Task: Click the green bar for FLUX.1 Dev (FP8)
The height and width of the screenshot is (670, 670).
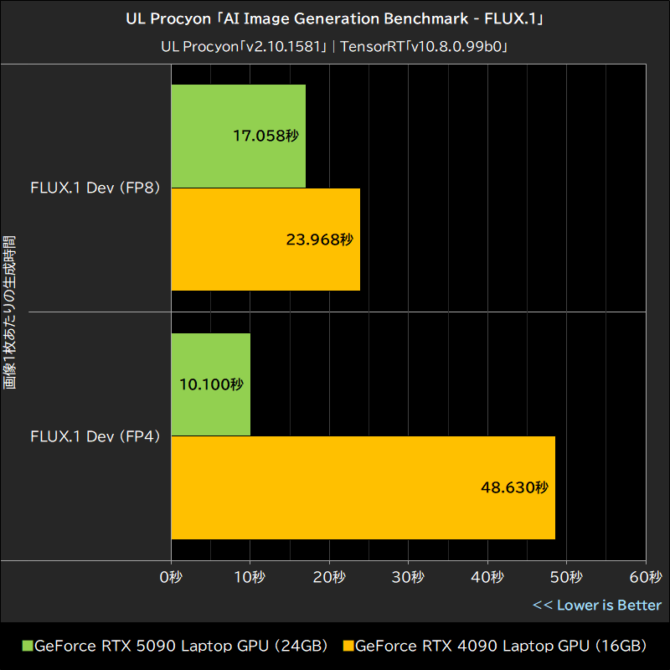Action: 239,136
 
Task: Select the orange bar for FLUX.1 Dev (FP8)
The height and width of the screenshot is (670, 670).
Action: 265,240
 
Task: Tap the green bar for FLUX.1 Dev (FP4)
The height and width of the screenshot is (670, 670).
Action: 211,384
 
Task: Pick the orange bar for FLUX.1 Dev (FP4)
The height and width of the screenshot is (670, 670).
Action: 363,487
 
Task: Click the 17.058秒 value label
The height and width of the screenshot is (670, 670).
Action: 265,136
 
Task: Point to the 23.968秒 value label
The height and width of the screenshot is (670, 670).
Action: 319,240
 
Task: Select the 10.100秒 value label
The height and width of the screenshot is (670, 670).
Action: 210,384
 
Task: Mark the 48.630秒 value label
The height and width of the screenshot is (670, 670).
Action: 514,487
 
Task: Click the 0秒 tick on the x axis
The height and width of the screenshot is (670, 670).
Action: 171,578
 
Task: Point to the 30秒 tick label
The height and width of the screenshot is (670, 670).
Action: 408,578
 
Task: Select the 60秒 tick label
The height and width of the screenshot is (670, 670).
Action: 645,578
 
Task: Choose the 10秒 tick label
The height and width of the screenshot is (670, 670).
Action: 250,578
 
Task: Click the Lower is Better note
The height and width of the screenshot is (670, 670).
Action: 596,605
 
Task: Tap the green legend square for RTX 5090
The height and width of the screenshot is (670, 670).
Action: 27,646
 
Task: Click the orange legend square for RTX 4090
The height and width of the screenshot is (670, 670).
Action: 348,646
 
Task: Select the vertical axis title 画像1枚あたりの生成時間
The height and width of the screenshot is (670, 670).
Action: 9,312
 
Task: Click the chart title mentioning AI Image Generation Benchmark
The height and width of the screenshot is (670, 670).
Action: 335,19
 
